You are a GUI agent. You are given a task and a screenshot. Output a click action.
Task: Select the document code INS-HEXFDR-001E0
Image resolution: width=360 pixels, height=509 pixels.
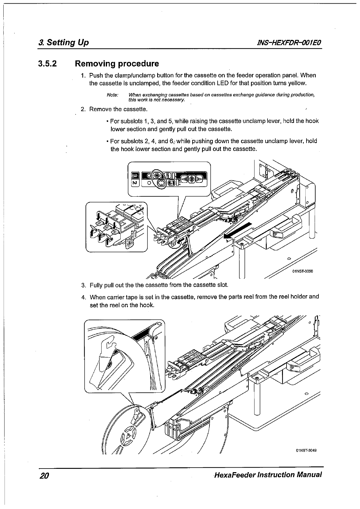[x=289, y=43]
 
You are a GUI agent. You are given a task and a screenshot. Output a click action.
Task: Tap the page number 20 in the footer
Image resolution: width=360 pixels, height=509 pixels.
[x=44, y=475]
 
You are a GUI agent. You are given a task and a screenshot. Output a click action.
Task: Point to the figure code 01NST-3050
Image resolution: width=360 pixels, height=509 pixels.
[x=302, y=271]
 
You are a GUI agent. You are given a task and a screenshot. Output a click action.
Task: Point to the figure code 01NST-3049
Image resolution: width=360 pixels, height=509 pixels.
[x=306, y=451]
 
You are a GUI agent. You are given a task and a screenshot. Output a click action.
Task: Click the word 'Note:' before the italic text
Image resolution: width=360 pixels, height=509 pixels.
[x=112, y=95]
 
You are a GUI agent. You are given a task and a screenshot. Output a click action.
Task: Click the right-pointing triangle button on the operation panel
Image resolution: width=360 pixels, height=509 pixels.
[x=199, y=179]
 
